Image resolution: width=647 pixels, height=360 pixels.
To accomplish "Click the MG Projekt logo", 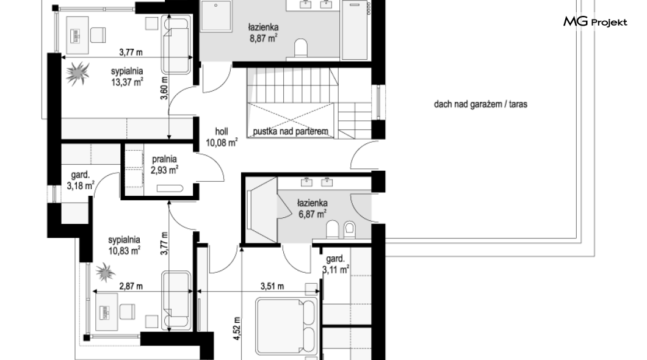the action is coord(595,22).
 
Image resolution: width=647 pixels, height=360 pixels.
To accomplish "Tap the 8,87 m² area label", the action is coord(263,39).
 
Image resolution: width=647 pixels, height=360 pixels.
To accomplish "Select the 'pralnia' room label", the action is coord(164,159).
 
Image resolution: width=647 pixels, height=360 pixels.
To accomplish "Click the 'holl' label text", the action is coord(222,132).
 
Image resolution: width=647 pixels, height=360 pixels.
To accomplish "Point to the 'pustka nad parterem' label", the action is coord(291,132).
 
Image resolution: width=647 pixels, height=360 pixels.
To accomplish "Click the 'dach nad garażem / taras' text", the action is coord(480,104).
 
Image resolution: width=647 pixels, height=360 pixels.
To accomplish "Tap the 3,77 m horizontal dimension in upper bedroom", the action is coord(131,52).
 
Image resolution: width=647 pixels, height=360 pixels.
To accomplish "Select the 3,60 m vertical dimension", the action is coord(164,88).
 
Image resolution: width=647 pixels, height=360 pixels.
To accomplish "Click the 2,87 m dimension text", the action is coord(131,286).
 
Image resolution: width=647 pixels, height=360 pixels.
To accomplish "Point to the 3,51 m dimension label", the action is coord(272,286).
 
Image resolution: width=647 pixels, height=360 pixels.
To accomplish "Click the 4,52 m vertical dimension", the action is coord(237,328).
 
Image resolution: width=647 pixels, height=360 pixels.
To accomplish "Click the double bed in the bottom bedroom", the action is coord(286,326).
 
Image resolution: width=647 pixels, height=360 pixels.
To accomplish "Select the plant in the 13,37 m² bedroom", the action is coord(78,73).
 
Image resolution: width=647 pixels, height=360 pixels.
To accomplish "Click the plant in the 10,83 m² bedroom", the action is coord(105,272).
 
